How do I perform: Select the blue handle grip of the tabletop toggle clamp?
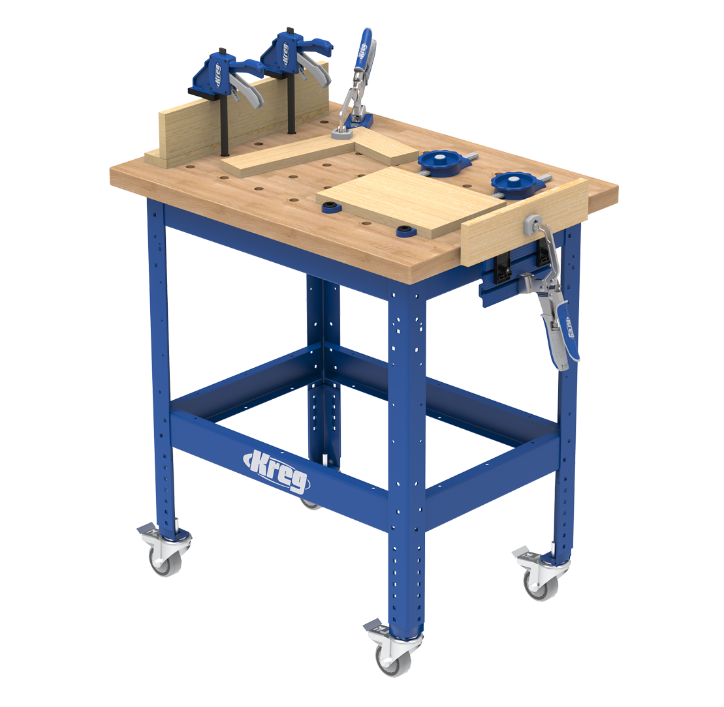366,49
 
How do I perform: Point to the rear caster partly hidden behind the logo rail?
309,504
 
